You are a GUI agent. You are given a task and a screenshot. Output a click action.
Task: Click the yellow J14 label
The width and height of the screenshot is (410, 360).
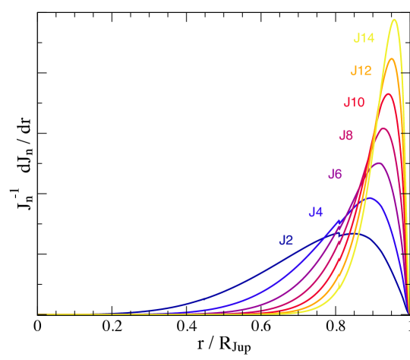click(364, 38)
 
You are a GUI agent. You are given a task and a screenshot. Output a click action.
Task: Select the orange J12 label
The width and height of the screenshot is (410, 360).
click(361, 71)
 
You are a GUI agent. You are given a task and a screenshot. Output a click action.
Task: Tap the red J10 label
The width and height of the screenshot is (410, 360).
click(354, 102)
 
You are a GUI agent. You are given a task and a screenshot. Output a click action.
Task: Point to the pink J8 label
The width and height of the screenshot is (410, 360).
click(345, 136)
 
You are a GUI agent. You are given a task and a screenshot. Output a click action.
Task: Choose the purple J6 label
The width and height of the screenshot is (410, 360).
click(335, 174)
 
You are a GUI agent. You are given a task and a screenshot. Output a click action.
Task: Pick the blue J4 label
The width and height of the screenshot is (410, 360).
click(316, 212)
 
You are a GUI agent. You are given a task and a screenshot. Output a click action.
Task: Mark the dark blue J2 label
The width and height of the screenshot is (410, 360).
click(286, 241)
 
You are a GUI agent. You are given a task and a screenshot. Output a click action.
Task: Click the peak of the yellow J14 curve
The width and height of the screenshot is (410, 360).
click(394, 21)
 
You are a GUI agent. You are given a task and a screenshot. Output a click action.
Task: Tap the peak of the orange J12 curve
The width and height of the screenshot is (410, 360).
click(391, 59)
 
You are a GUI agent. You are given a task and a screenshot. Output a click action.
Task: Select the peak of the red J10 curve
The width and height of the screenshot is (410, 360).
click(388, 94)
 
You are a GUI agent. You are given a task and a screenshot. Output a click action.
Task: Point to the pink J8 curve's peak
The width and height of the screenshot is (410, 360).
click(383, 128)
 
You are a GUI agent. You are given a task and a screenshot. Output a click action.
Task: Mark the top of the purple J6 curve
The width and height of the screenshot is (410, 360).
click(377, 163)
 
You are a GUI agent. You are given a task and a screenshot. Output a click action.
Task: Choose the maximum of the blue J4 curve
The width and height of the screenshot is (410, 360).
click(369, 198)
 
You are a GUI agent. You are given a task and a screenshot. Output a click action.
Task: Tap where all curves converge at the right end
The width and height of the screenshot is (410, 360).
click(408, 312)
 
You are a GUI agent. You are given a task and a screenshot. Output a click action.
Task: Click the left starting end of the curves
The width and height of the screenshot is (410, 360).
click(39, 314)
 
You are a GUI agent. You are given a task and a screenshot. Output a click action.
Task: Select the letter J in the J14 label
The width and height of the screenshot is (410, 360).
click(356, 38)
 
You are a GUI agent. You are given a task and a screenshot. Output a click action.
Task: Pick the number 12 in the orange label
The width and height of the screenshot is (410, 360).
click(364, 71)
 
